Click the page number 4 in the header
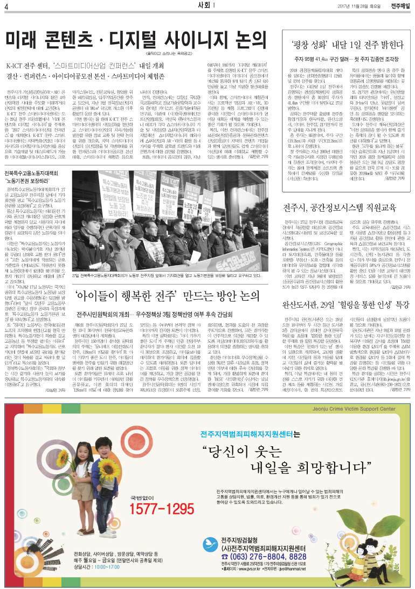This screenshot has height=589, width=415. [x=6, y=6]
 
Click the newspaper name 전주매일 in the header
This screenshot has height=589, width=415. [x=399, y=6]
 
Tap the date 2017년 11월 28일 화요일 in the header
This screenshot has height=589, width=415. [x=362, y=6]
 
